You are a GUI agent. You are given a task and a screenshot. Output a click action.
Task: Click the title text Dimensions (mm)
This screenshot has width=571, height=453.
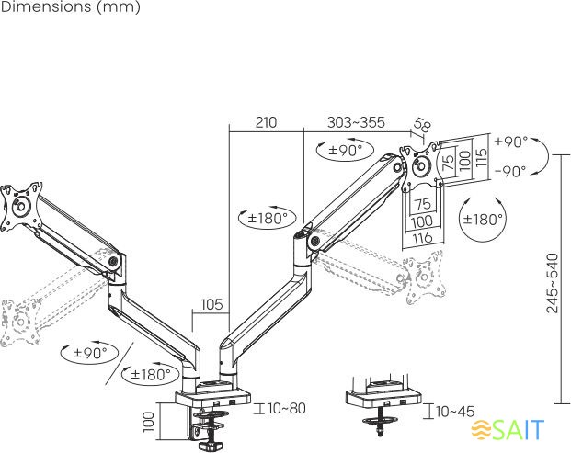click(70, 8)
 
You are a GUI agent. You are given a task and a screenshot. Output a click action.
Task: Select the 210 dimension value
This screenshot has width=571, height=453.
click(266, 122)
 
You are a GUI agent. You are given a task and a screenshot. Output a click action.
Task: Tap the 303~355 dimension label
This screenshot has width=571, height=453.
click(355, 122)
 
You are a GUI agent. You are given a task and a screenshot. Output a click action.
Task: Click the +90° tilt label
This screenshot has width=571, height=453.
click(510, 142)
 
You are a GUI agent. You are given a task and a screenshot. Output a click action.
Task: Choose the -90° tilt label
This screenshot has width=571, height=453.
click(510, 171)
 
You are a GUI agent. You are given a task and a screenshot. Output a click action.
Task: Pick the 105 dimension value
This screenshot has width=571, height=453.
click(211, 304)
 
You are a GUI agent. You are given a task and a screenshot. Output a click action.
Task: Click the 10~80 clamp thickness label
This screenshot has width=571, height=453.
click(286, 408)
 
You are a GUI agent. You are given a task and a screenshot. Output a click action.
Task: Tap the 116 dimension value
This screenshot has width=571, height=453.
click(422, 238)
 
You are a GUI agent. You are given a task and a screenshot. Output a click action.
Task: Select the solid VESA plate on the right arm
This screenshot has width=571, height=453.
click(420, 166)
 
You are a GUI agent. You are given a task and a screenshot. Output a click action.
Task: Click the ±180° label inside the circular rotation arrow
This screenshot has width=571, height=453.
click(483, 220)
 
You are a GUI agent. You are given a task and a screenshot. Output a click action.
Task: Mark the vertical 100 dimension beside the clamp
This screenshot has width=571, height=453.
click(148, 423)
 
